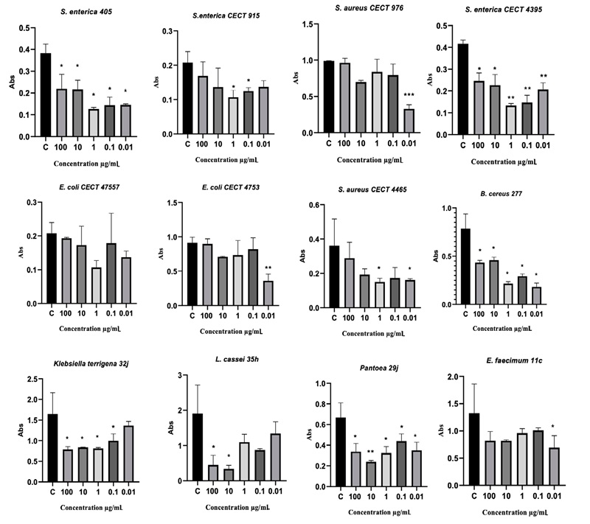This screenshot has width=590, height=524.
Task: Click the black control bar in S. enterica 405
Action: click(46, 95)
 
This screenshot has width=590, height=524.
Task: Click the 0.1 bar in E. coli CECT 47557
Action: click(113, 273)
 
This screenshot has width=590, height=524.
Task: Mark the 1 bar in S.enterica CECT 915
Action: click(233, 116)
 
